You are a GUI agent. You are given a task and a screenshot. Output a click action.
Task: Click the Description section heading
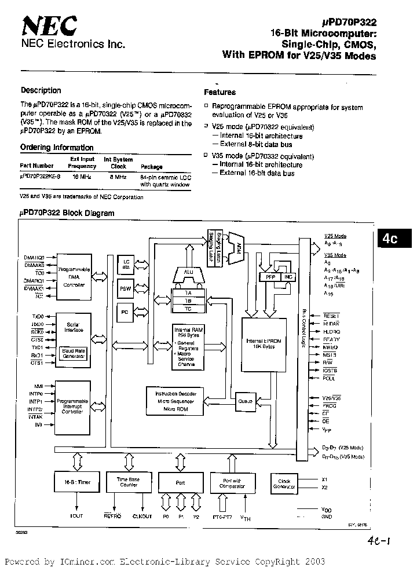tap(41, 90)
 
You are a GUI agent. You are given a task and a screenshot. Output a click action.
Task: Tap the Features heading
tap(220, 92)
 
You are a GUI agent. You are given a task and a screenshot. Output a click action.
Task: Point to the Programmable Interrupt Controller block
tap(72, 405)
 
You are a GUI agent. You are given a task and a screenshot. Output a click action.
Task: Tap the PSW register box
tap(125, 288)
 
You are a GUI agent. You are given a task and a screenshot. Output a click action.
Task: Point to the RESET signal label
tap(331, 316)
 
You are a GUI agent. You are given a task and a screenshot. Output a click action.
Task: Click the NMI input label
tap(38, 384)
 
